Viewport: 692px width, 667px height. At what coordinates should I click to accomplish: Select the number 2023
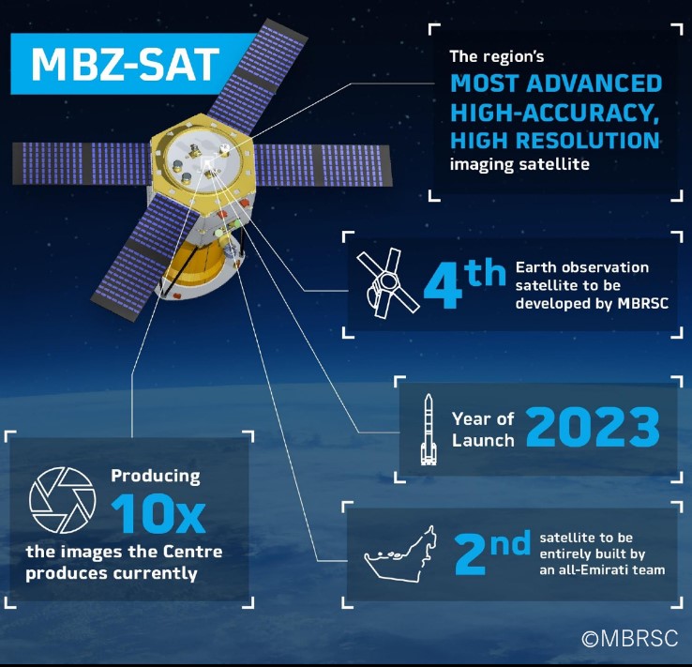(592, 427)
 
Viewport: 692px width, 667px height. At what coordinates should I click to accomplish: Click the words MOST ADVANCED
(556, 83)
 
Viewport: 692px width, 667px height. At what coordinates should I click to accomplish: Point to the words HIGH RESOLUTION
(555, 141)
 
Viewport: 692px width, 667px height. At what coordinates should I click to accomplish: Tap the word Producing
(156, 475)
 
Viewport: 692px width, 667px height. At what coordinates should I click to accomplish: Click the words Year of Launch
(483, 429)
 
